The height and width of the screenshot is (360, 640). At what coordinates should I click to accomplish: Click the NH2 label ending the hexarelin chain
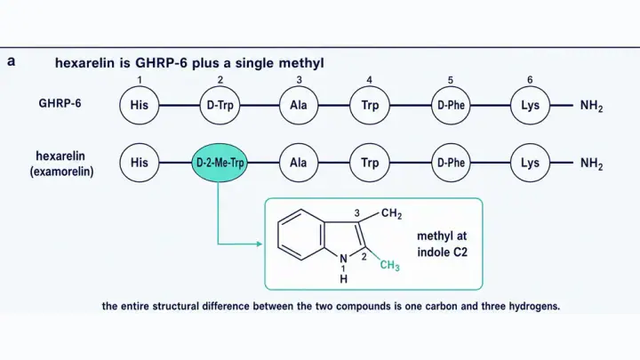(591, 164)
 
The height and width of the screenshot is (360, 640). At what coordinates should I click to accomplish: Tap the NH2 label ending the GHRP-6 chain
(591, 106)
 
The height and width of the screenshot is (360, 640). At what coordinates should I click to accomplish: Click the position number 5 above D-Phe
(450, 80)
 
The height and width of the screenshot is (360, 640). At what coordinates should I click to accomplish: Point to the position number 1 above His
(140, 80)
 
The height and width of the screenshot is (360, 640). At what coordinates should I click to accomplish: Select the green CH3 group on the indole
(390, 265)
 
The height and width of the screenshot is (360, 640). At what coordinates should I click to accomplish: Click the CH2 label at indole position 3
(391, 214)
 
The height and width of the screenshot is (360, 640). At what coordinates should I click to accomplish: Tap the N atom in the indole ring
(344, 259)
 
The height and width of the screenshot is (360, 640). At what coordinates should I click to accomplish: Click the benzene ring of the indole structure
(278, 235)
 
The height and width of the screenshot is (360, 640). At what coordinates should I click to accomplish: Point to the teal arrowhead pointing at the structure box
(260, 244)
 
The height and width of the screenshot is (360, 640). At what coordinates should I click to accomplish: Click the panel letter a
(12, 61)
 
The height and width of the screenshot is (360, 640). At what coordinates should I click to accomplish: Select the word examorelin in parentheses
(61, 172)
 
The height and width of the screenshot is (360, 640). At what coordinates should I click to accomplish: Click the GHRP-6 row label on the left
(60, 103)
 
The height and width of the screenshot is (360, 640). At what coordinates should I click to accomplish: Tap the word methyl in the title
(301, 63)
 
